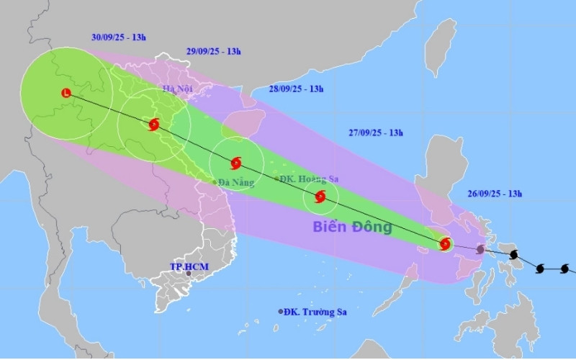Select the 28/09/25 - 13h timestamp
pos(296,89)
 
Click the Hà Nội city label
pos(177,89)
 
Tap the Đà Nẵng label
pos(238,183)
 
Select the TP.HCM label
pos(188,266)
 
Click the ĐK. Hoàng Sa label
pos(310,179)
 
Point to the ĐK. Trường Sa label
pos(315,312)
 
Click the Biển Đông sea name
pos(352,228)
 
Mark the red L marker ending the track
pos(66,93)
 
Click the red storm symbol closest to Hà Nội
pos(153,125)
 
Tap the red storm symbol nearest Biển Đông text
pos(320,196)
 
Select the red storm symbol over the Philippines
pos(445,243)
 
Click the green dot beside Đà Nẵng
pos(215,181)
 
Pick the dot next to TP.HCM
pos(189,274)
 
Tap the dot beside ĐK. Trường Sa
pos(281,312)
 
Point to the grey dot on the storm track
pos(480,249)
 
